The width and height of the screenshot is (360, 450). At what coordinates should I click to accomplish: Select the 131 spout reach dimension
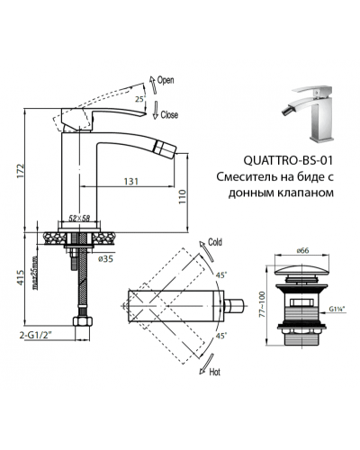pyautogui.click(x=131, y=181)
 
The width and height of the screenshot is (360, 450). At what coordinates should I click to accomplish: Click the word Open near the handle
pyautogui.click(x=166, y=80)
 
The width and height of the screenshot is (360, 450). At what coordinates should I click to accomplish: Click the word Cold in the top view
pyautogui.click(x=215, y=242)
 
